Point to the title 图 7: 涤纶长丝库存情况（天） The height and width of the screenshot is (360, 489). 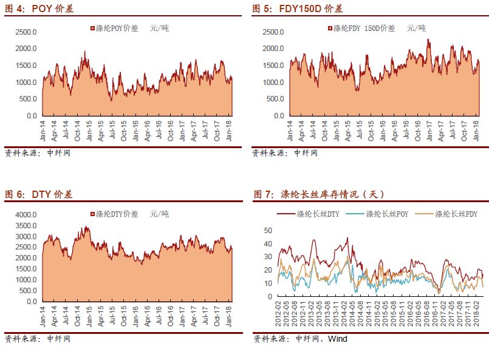[x=318, y=194]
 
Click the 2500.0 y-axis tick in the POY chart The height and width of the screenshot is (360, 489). [x=26, y=32]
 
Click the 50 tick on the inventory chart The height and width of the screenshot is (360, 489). [x=268, y=231]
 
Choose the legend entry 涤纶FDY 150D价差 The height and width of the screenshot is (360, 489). [x=363, y=28]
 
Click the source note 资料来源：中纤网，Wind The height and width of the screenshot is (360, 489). [x=300, y=339]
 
